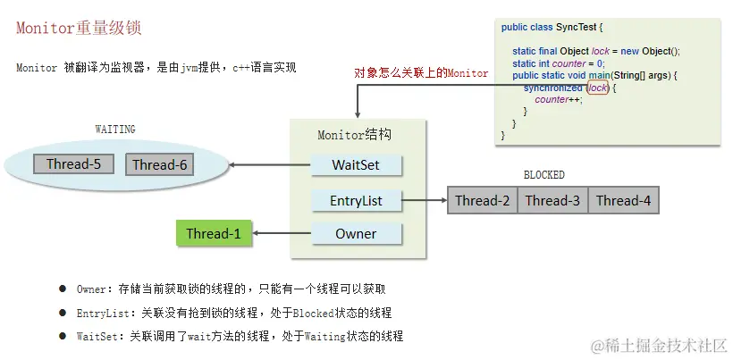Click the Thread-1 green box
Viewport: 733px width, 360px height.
coord(214,234)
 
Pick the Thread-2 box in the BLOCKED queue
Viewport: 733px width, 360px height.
coord(482,200)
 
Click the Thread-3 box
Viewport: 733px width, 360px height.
coord(552,200)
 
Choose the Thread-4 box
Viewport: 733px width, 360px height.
coord(623,200)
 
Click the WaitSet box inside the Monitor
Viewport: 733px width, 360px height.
coord(356,165)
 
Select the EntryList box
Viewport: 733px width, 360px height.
coord(356,200)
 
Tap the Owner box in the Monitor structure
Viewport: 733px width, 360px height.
coord(356,234)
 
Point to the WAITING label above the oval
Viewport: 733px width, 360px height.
coord(115,130)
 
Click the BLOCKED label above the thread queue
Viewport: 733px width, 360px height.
coord(543,175)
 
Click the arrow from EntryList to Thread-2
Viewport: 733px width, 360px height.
coord(425,200)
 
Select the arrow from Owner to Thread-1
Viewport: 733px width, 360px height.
coord(282,234)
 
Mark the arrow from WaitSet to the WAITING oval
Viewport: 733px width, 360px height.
coord(269,165)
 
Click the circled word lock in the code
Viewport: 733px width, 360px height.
coord(598,88)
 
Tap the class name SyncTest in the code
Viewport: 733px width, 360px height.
coord(581,28)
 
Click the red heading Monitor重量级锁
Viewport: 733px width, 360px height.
coord(79,28)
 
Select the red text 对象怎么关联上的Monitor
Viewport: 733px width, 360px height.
coord(421,73)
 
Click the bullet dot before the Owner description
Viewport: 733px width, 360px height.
coord(63,289)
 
